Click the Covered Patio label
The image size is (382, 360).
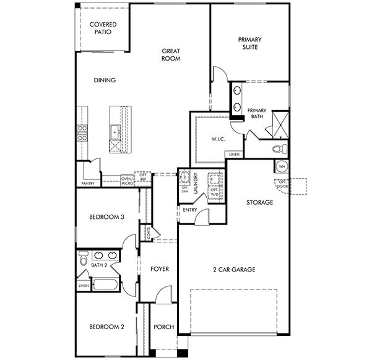tap(103, 28)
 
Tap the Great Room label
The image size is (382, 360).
tap(171, 55)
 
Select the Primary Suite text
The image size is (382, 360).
tap(250, 43)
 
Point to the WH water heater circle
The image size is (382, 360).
tap(282, 166)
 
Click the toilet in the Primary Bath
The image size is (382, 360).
tap(280, 148)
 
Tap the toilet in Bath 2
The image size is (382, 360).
tap(83, 259)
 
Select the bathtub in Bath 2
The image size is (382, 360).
tap(105, 285)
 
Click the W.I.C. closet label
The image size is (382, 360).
tap(218, 139)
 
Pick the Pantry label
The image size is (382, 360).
tap(88, 183)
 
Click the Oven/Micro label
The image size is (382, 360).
tap(127, 181)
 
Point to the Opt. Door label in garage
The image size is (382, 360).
tap(283, 184)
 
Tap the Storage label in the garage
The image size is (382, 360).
tap(259, 202)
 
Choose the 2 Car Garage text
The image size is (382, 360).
tap(234, 270)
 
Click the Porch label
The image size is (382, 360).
tap(164, 327)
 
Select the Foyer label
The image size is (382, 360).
tap(160, 269)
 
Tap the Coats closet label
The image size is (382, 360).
tap(149, 233)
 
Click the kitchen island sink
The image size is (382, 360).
tap(115, 132)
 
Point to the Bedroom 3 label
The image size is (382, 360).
tap(107, 217)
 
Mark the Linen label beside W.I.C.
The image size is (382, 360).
tap(234, 154)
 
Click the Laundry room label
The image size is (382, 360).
tap(196, 183)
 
